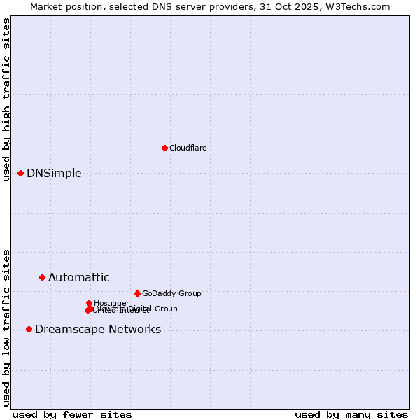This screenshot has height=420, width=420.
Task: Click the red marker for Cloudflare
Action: click(164, 148)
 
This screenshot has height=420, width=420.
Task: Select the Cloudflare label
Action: click(188, 148)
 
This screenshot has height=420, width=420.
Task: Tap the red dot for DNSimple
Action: click(20, 173)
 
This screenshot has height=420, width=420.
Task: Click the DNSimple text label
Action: click(54, 174)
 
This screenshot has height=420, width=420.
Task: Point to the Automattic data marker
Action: click(42, 277)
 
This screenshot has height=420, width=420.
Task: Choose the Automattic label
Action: click(78, 278)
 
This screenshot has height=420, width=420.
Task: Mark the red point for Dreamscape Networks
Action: click(29, 329)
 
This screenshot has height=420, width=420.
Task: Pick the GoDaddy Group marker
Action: click(137, 293)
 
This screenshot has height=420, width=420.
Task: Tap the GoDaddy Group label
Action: click(171, 294)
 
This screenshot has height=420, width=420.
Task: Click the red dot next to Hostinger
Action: click(89, 303)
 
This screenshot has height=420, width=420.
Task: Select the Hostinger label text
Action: click(111, 303)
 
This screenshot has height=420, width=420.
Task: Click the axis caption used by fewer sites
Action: click(72, 414)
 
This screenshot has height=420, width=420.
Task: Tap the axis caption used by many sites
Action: click(351, 414)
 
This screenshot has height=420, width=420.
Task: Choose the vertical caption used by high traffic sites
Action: click(7, 100)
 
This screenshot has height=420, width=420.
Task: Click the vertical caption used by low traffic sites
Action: click(7, 327)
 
